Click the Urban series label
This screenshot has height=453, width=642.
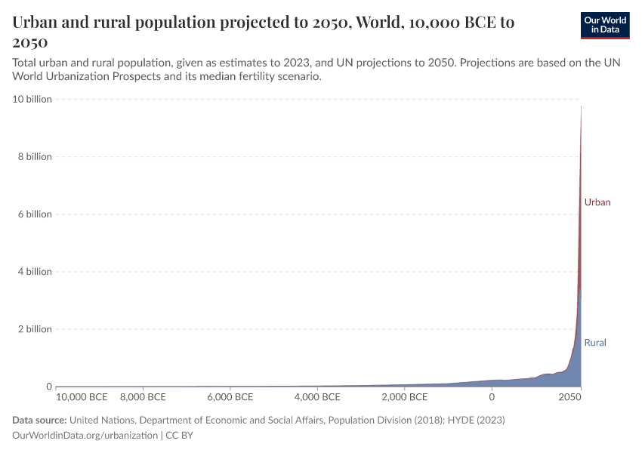(x=597, y=202)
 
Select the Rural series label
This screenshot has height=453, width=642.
(x=595, y=343)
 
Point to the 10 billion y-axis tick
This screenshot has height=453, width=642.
(x=30, y=99)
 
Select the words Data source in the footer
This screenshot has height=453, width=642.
(x=39, y=420)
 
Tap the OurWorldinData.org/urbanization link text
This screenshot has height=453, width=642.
(x=85, y=436)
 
